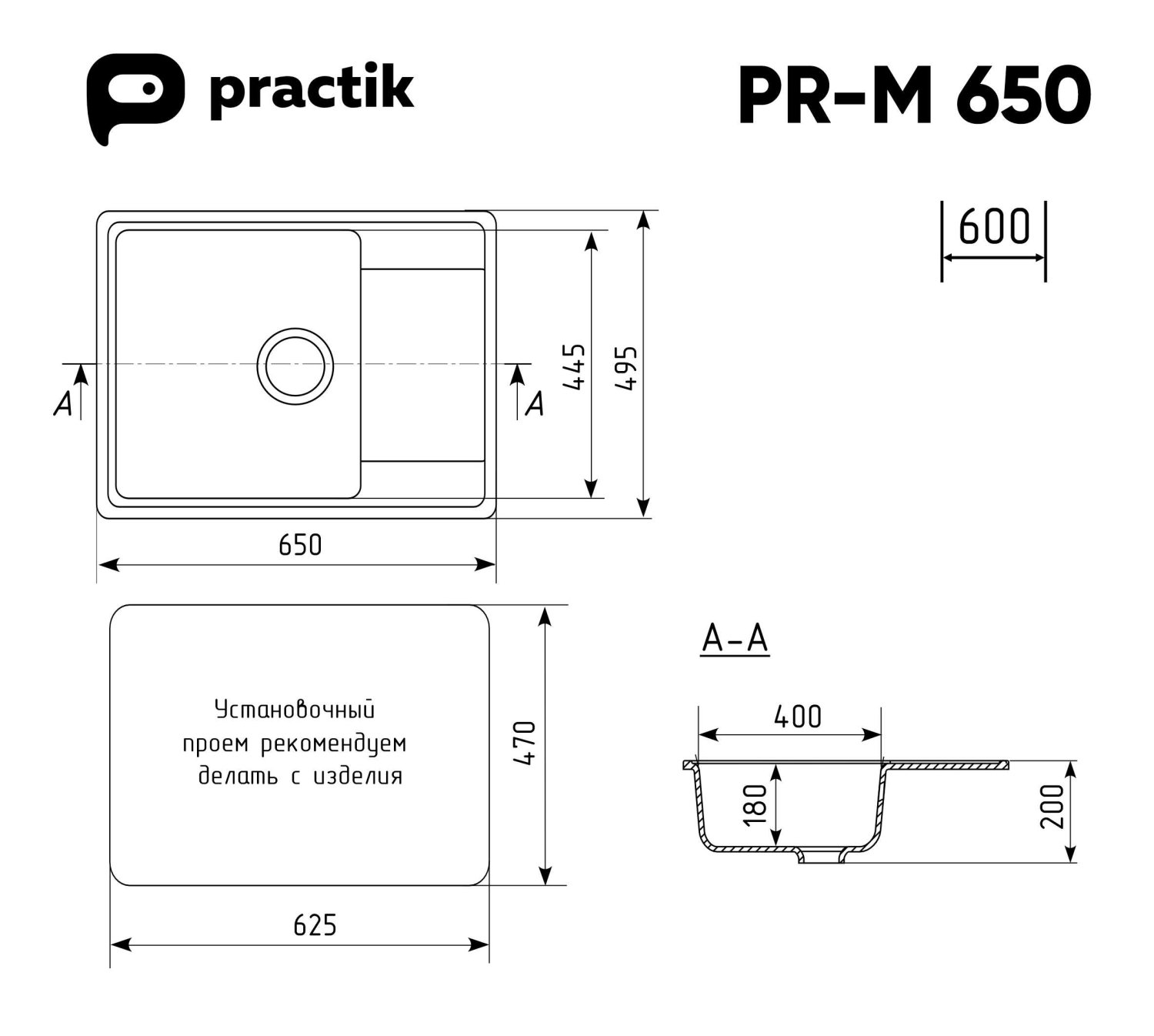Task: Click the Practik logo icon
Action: click(x=134, y=95)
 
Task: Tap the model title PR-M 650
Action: click(x=914, y=95)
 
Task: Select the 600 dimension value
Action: click(x=994, y=227)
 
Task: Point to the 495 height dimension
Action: click(x=627, y=368)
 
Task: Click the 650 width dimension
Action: click(x=300, y=545)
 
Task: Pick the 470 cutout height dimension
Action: click(x=525, y=744)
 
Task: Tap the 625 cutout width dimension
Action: click(x=315, y=924)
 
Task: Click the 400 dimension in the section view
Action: click(x=798, y=717)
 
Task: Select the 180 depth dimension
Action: click(x=757, y=804)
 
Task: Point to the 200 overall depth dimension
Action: click(x=1052, y=806)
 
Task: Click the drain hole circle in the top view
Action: click(x=295, y=366)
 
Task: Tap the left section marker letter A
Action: click(x=62, y=403)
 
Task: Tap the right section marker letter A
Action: click(x=535, y=403)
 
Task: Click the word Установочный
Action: click(x=295, y=710)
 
